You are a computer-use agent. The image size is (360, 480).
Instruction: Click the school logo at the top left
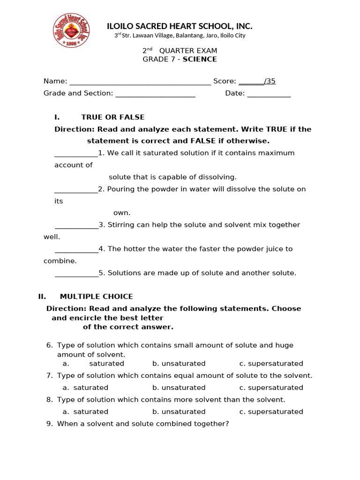(72, 30)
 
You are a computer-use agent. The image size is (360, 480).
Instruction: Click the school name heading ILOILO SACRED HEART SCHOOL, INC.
(180, 26)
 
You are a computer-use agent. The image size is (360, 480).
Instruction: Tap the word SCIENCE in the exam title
(200, 59)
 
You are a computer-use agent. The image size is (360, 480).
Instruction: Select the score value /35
(270, 81)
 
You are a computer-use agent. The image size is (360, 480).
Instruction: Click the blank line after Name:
(140, 82)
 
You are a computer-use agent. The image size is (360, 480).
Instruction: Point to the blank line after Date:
(269, 94)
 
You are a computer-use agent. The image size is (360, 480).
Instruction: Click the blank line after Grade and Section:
(155, 94)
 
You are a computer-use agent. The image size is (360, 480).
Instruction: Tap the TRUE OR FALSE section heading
(112, 117)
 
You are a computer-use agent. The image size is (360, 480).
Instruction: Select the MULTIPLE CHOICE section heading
(96, 297)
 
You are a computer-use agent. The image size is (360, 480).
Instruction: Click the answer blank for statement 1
(76, 155)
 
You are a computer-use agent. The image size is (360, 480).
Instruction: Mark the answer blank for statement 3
(76, 226)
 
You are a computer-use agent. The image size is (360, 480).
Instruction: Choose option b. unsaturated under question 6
(179, 364)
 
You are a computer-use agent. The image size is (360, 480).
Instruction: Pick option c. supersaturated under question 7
(271, 388)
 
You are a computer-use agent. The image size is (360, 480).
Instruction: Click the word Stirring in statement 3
(121, 225)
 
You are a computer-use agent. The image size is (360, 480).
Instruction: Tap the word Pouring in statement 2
(121, 189)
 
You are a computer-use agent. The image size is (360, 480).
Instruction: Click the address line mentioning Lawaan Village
(180, 36)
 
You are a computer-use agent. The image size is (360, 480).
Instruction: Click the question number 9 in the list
(49, 424)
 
